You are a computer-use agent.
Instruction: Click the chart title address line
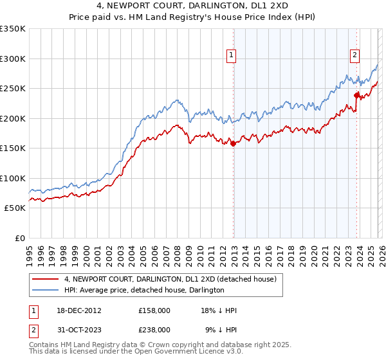(x=192, y=6)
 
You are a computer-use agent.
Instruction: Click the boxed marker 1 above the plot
(x=231, y=56)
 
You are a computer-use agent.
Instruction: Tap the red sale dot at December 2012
(x=233, y=143)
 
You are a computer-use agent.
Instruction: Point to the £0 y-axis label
(x=19, y=238)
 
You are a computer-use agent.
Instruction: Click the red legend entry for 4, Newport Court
(x=170, y=279)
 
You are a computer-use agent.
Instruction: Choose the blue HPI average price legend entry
(x=143, y=290)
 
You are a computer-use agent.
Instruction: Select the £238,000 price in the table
(x=154, y=329)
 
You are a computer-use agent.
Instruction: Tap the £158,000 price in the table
(x=154, y=310)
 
